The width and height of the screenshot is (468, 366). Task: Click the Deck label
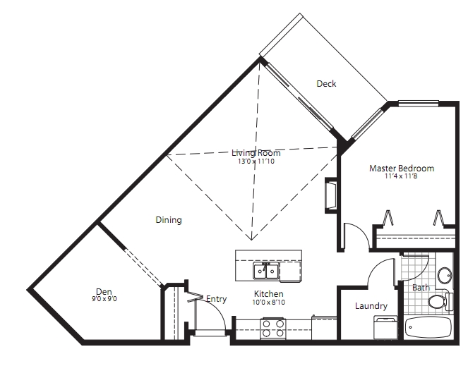(326, 83)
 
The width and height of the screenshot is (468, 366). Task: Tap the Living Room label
(256, 153)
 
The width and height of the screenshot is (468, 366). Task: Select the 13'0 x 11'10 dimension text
(256, 161)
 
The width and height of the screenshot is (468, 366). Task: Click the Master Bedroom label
(402, 169)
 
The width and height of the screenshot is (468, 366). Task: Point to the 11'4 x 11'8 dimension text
(401, 176)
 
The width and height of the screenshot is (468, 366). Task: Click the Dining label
(169, 220)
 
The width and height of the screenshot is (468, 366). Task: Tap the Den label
(104, 291)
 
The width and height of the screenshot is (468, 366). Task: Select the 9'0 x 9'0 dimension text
(104, 298)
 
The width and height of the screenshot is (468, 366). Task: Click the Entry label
(217, 299)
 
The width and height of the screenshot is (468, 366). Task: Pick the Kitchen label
(269, 293)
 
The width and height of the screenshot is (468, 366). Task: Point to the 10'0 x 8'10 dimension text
(269, 302)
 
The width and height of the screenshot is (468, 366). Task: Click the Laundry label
(371, 306)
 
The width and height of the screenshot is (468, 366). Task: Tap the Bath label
(421, 288)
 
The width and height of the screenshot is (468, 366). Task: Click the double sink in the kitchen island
(265, 271)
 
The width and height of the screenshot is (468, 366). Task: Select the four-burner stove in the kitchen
(272, 328)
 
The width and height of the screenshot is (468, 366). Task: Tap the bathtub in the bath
(428, 327)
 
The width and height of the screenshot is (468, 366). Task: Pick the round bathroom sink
(445, 275)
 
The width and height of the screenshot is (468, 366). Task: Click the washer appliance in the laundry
(385, 327)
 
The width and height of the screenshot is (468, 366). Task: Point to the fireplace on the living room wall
(330, 195)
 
